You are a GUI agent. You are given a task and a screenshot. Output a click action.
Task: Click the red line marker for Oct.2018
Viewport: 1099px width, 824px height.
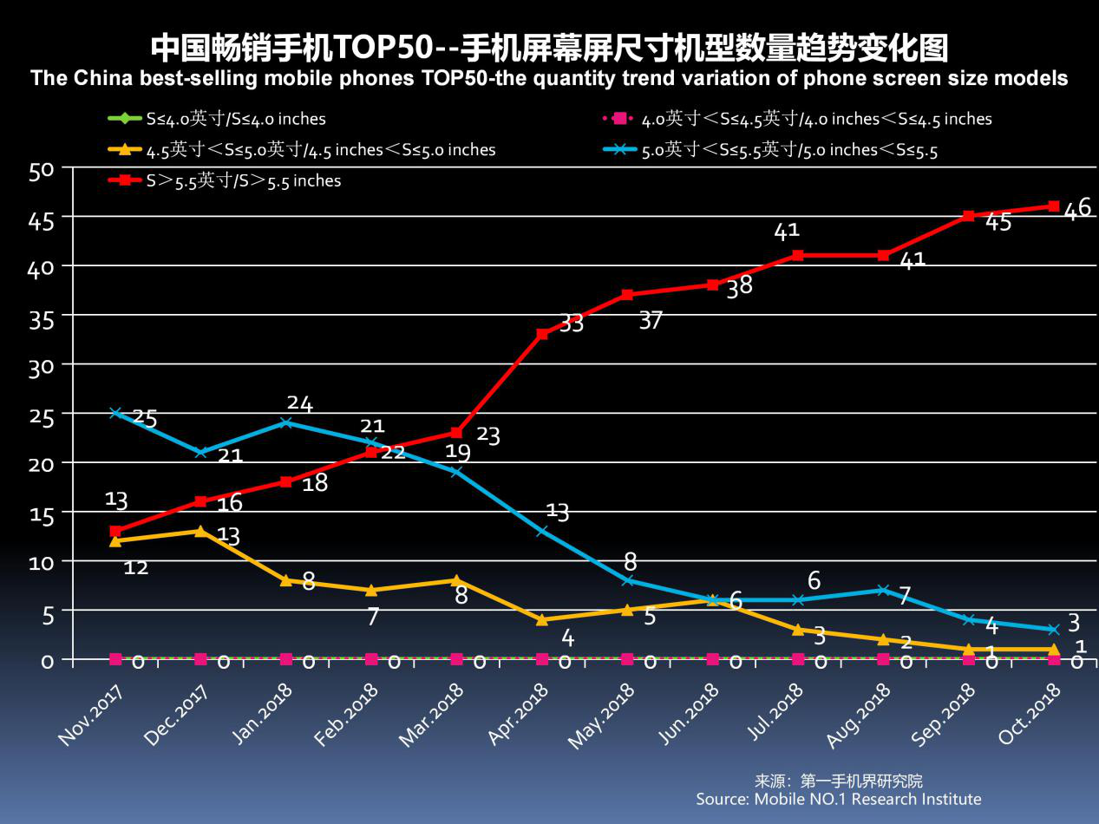point(1053,206)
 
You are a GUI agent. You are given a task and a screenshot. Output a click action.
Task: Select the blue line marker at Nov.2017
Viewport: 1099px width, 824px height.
point(115,413)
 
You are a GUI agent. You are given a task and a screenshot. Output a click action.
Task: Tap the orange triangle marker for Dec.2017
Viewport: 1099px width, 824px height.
point(200,531)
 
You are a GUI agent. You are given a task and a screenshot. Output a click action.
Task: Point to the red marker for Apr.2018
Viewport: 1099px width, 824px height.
point(542,334)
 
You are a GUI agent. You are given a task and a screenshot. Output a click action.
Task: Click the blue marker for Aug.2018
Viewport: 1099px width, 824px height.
point(883,590)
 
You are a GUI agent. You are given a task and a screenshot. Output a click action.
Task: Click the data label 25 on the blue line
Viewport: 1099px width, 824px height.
point(144,419)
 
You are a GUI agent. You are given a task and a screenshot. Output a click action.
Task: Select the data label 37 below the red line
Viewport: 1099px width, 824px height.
point(651,321)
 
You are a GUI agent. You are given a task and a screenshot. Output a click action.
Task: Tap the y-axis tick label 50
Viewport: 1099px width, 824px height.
point(42,170)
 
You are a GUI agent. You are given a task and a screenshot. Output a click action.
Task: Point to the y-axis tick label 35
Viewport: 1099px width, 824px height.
point(42,318)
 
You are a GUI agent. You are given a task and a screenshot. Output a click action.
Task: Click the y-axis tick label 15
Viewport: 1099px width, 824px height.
point(42,514)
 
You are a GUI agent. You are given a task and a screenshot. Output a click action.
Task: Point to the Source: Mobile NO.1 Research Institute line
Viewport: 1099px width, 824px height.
point(838,799)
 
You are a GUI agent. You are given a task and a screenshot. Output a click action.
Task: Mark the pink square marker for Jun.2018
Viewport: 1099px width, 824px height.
point(712,659)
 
